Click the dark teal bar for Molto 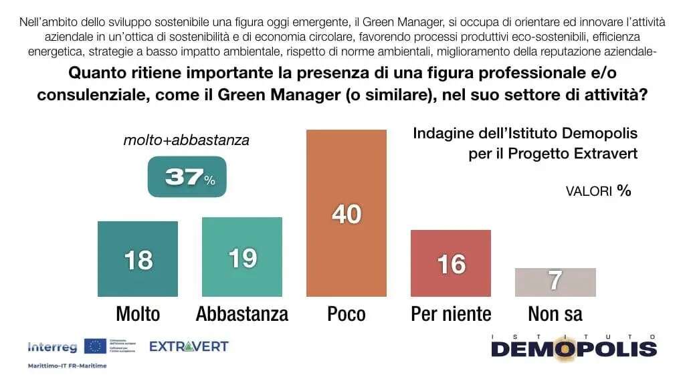(137, 259)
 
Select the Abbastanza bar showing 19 (242, 257)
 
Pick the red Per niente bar (451, 263)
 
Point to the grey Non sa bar (555, 282)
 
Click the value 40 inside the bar (347, 214)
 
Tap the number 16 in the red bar (451, 264)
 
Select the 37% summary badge (187, 177)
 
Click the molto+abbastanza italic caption (186, 140)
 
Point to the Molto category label (138, 313)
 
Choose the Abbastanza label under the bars (242, 313)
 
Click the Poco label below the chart (347, 313)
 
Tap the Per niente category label (451, 313)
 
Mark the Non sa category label (555, 313)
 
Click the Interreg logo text (52, 347)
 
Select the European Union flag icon (94, 346)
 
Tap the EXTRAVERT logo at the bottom (189, 346)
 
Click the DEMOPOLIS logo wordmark (574, 348)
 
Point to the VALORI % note (598, 191)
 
